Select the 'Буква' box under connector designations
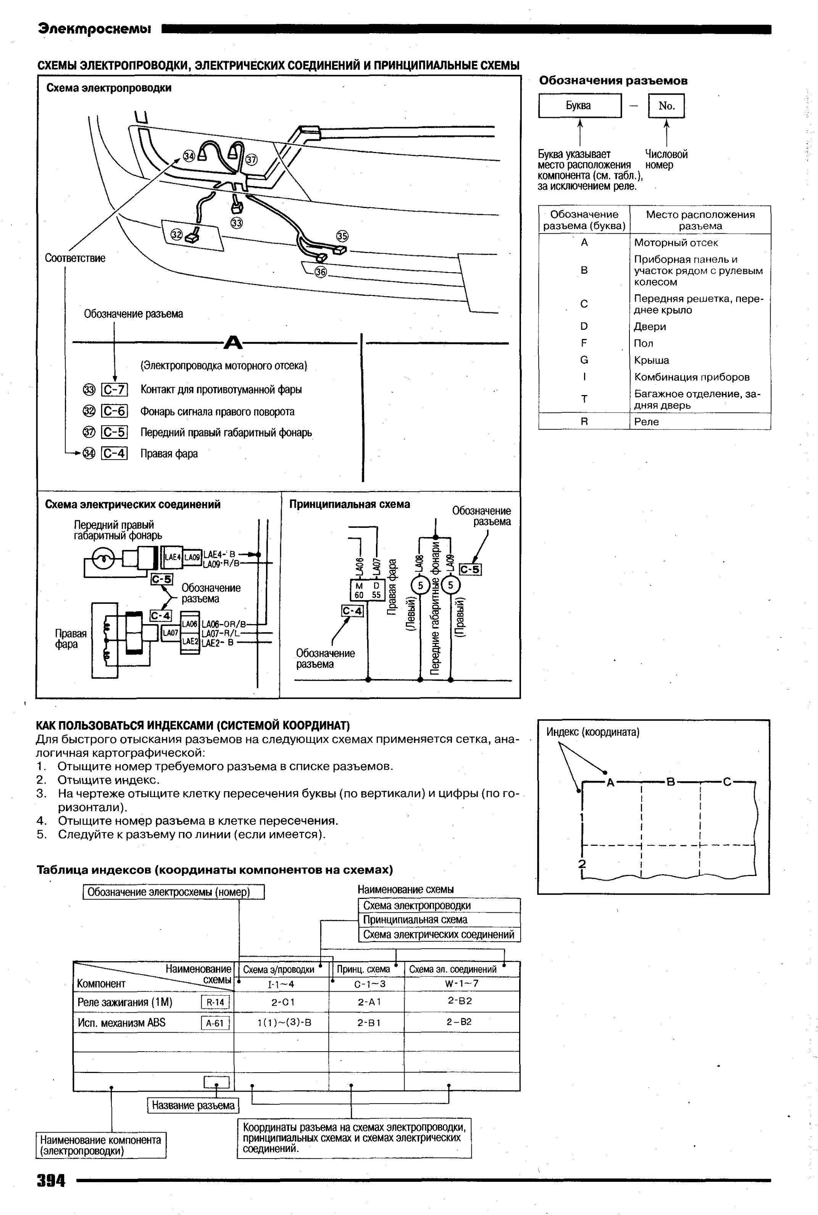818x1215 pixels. click(579, 106)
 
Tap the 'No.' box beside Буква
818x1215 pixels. click(666, 106)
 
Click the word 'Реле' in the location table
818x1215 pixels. click(646, 421)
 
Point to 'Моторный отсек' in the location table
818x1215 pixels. click(676, 243)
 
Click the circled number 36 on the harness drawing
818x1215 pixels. click(320, 272)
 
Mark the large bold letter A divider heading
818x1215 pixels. click(233, 343)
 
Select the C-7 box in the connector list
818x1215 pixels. click(114, 390)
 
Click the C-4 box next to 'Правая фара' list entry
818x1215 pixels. click(114, 453)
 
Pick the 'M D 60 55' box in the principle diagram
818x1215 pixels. click(367, 590)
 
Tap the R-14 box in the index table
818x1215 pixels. click(215, 1002)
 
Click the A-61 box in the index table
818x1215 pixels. click(215, 1023)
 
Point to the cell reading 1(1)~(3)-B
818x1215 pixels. click(284, 1023)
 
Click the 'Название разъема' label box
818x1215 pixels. click(193, 1105)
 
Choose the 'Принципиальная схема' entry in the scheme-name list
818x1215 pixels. click(415, 920)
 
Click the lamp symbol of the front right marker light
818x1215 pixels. click(105, 560)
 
